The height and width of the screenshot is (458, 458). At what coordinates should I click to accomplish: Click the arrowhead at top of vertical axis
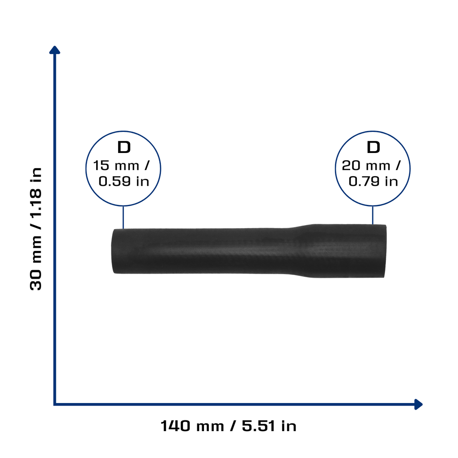(55, 50)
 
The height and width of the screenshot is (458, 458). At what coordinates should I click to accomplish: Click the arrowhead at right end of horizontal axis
(419, 404)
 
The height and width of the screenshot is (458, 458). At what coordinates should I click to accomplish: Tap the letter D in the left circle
(124, 147)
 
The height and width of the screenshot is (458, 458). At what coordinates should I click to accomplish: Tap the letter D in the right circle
(373, 147)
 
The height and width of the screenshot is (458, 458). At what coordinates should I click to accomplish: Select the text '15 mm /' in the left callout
(121, 165)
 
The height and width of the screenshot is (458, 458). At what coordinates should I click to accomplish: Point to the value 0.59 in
(124, 182)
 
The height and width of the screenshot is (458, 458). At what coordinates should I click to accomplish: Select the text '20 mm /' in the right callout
(371, 165)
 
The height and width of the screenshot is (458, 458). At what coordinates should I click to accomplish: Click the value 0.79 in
(373, 182)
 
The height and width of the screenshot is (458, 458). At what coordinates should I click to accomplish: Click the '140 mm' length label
(192, 426)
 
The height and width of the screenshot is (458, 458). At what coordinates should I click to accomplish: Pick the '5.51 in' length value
(269, 426)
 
